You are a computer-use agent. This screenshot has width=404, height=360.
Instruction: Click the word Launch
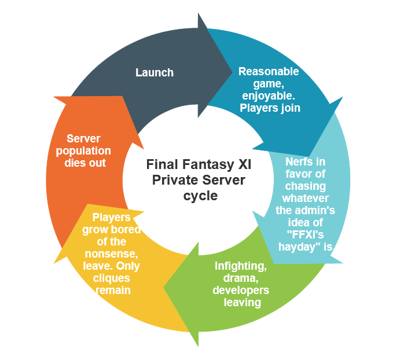(x=155, y=72)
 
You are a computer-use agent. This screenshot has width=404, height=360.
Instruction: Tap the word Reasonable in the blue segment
(x=269, y=72)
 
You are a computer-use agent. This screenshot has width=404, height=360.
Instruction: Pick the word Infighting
(x=240, y=266)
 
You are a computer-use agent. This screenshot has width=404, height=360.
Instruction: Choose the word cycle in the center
(x=198, y=196)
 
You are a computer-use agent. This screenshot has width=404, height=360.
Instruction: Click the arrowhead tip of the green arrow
(x=164, y=288)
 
